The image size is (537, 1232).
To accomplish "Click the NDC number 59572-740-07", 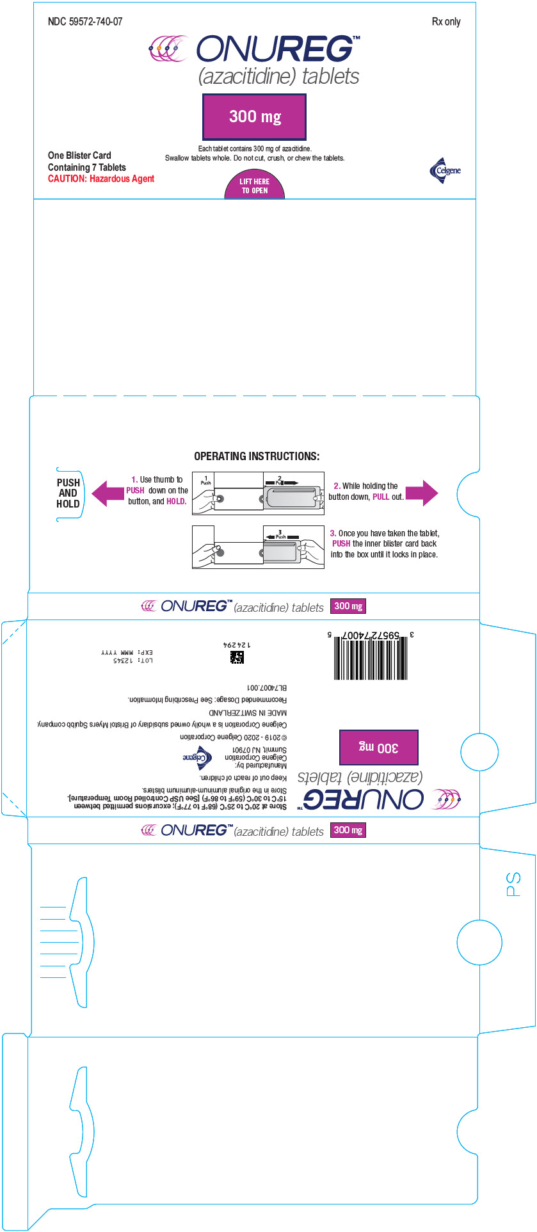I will (x=85, y=22).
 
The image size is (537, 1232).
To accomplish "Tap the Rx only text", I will (x=445, y=22).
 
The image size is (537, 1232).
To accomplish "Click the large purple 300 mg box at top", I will (x=254, y=116).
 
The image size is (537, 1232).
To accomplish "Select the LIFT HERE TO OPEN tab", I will (x=254, y=186).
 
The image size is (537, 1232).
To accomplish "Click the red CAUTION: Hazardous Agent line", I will (x=101, y=179).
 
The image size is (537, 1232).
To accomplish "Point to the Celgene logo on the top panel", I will (x=445, y=170).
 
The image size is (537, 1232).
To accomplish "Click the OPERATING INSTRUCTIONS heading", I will (x=257, y=456).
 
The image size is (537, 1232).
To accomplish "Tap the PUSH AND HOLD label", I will (x=68, y=493).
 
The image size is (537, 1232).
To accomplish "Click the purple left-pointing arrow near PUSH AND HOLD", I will (x=108, y=493).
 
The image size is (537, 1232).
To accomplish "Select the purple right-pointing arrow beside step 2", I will (x=422, y=493).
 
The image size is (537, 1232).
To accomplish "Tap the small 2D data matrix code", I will (x=237, y=657).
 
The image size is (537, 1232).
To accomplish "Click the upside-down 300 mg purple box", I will (x=378, y=747).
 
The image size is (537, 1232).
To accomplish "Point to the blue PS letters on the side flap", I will (x=513, y=884).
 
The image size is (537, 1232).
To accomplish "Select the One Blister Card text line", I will (x=79, y=156).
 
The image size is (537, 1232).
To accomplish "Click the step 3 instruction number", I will (x=333, y=533).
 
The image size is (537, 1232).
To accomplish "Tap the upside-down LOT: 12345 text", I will (x=133, y=660).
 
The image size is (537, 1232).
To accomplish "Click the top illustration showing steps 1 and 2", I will (x=258, y=493).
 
